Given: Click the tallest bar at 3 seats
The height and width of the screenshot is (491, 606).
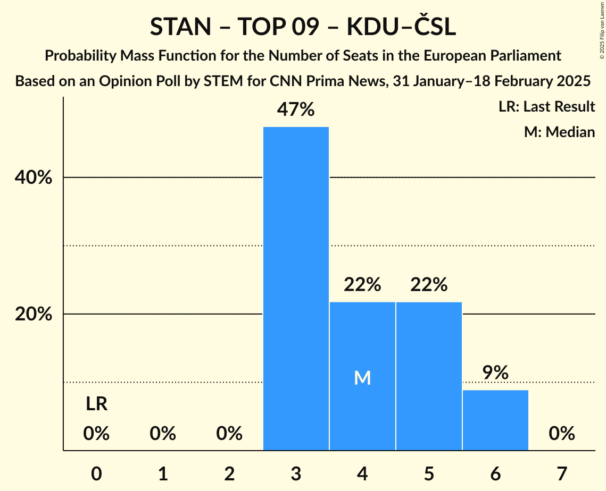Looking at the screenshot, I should click(x=296, y=289).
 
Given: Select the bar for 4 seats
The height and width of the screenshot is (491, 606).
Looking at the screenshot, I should click(x=362, y=376).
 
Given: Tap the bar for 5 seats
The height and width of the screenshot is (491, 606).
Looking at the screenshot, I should click(x=429, y=376).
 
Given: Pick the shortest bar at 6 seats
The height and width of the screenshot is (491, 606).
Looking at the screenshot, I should click(x=495, y=420).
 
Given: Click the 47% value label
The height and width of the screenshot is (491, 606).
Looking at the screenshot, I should click(x=296, y=110).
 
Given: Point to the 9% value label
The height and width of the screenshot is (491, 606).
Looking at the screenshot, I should click(x=495, y=373).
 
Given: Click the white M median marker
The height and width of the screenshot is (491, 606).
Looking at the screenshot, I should click(x=362, y=378).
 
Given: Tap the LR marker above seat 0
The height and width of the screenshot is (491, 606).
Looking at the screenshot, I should click(x=96, y=404).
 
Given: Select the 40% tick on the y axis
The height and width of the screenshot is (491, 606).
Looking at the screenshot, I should click(x=34, y=177).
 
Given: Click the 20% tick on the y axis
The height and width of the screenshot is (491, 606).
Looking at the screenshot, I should click(x=34, y=314).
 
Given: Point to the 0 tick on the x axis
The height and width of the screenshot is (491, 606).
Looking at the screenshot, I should click(x=96, y=472).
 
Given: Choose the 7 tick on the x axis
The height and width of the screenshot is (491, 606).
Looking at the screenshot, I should click(x=562, y=472).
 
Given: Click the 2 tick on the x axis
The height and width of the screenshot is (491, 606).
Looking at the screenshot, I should click(x=229, y=472).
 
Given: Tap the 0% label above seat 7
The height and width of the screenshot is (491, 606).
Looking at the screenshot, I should click(x=562, y=434).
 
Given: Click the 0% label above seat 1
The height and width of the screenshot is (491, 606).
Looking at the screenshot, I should click(x=163, y=434).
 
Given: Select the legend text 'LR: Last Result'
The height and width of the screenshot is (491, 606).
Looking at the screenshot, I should click(x=546, y=107).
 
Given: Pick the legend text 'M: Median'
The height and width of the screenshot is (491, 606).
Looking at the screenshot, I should click(x=559, y=132).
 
